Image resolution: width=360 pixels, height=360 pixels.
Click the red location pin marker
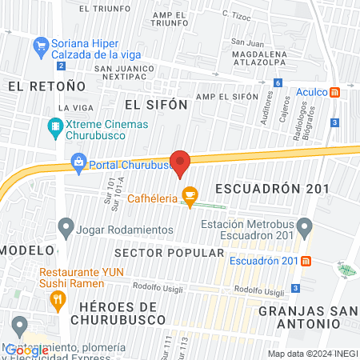pyautogui.click(x=181, y=162)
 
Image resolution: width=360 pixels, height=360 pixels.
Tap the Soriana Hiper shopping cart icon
pyautogui.click(x=40, y=47)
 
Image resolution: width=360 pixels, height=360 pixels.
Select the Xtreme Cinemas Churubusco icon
pyautogui.click(x=55, y=126)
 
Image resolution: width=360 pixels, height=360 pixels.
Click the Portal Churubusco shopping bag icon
pyautogui.click(x=78, y=165)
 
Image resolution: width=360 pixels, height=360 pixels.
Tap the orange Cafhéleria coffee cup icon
pyautogui.click(x=189, y=194)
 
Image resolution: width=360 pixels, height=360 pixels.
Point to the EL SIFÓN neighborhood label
pyautogui.click(x=155, y=104)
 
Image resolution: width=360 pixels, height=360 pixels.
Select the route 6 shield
pyautogui.click(x=277, y=82)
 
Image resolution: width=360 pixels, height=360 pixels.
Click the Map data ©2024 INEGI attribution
pyautogui.click(x=311, y=354)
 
